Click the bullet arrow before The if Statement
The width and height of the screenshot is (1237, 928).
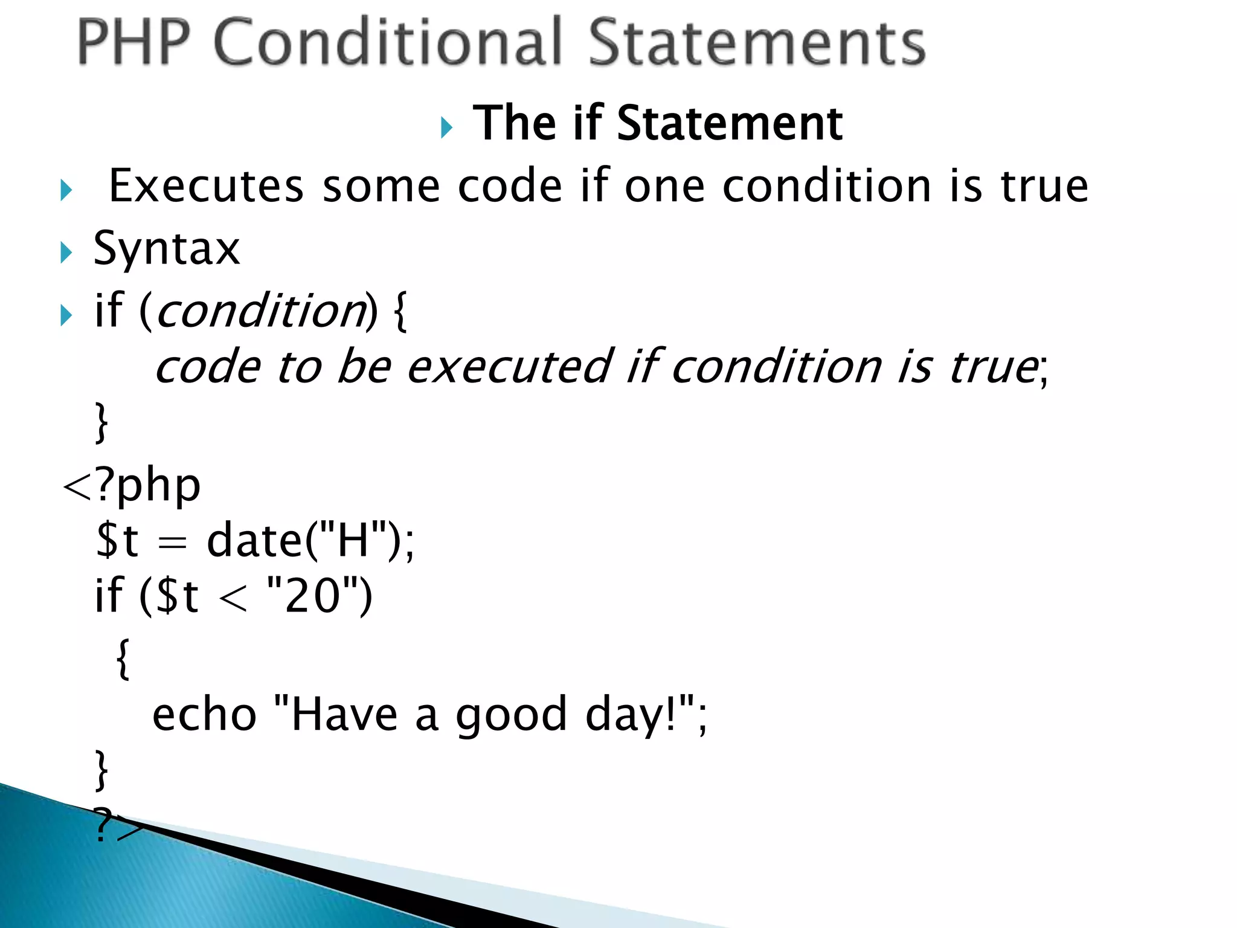click(446, 127)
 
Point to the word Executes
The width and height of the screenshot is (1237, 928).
click(205, 186)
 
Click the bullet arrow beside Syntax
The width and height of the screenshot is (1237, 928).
click(66, 253)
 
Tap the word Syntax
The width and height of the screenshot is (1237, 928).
click(167, 249)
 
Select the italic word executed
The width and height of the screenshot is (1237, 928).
click(510, 367)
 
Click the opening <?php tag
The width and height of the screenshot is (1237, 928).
click(132, 486)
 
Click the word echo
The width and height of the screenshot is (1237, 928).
click(204, 715)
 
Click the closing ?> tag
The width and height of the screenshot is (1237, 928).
click(118, 826)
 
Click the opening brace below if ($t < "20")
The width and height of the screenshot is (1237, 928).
click(123, 659)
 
